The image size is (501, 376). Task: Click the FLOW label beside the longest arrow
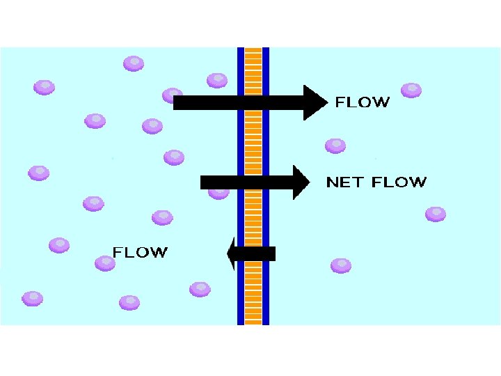(363, 102)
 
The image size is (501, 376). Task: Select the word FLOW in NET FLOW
(399, 182)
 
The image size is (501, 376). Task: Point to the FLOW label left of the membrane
(141, 252)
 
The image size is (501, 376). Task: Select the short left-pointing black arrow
(251, 253)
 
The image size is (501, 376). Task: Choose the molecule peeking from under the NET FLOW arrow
(218, 192)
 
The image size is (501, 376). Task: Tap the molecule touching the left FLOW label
(104, 263)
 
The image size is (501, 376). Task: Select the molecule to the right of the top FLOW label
(411, 90)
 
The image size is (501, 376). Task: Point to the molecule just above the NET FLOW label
(335, 146)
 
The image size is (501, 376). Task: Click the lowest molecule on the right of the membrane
(341, 265)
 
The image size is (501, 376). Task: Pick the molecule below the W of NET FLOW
(436, 214)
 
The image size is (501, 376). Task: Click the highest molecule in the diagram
(134, 64)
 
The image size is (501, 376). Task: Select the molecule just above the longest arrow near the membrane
(217, 81)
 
